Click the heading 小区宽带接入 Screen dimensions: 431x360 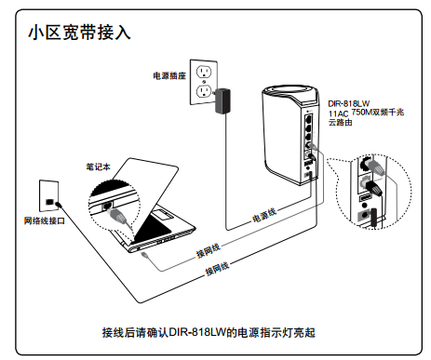coord(79,33)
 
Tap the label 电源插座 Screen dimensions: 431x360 coord(169,75)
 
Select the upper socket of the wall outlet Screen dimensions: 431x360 coord(204,73)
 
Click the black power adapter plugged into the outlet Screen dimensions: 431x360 coord(222,100)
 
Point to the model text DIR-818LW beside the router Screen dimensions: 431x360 coord(349,103)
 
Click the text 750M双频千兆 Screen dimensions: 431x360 coord(378,112)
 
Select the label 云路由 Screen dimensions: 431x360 coord(341,123)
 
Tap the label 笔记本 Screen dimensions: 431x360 coord(98,167)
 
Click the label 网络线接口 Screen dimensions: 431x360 coord(45,220)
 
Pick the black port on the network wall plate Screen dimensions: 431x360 coord(49,202)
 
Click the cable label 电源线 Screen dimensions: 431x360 coord(264,215)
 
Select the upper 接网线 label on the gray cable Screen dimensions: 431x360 coord(209,250)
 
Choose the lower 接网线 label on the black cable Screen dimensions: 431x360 coord(217,269)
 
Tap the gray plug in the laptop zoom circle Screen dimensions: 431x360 coord(118,215)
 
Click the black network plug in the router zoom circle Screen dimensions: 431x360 coord(373,188)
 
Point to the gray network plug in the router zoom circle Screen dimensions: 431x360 coord(375,167)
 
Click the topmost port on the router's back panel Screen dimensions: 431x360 coord(309,119)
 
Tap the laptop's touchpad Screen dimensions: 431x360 coord(161,214)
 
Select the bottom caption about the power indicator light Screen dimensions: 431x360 coord(209,332)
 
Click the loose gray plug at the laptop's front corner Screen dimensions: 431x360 coord(144,255)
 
